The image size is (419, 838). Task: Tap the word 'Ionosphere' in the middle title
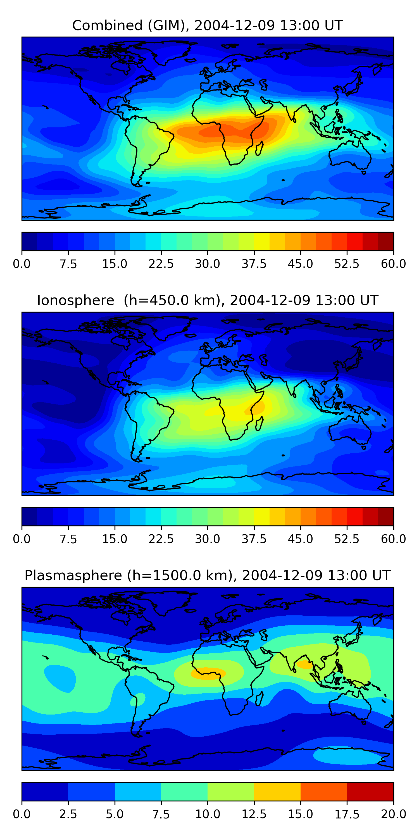click(x=75, y=300)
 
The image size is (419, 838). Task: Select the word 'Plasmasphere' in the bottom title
click(x=73, y=575)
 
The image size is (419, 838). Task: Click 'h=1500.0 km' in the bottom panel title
click(x=179, y=575)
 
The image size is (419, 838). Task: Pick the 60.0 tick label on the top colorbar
click(x=393, y=264)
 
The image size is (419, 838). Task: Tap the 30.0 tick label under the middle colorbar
click(x=208, y=539)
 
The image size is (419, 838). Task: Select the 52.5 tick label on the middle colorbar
click(x=347, y=539)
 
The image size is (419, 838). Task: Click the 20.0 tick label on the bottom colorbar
click(x=393, y=814)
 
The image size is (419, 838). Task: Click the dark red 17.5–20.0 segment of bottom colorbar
click(x=370, y=791)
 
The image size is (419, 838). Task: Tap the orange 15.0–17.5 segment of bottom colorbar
click(x=324, y=791)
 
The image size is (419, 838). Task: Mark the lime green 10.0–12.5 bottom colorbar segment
click(x=231, y=791)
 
